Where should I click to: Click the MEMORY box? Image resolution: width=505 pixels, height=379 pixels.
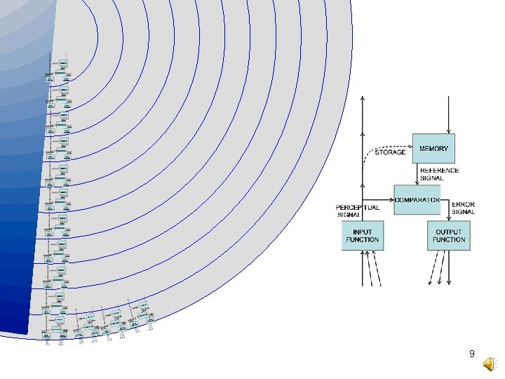[x=433, y=148]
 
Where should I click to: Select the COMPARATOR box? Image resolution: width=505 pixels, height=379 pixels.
[x=417, y=200]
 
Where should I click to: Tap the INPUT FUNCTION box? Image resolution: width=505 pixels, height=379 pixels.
[x=363, y=235]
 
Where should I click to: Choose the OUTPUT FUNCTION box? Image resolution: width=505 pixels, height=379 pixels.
[x=448, y=235]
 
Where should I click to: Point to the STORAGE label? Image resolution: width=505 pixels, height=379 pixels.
[x=391, y=152]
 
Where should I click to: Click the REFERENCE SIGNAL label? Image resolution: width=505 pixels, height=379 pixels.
[x=439, y=173]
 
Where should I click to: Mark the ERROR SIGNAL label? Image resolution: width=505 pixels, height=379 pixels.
[x=464, y=208]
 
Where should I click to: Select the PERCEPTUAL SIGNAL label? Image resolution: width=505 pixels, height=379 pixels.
[x=358, y=211]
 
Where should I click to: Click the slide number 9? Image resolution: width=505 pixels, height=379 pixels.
[x=472, y=355]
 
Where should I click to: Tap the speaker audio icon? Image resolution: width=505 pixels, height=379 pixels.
[x=489, y=362]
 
